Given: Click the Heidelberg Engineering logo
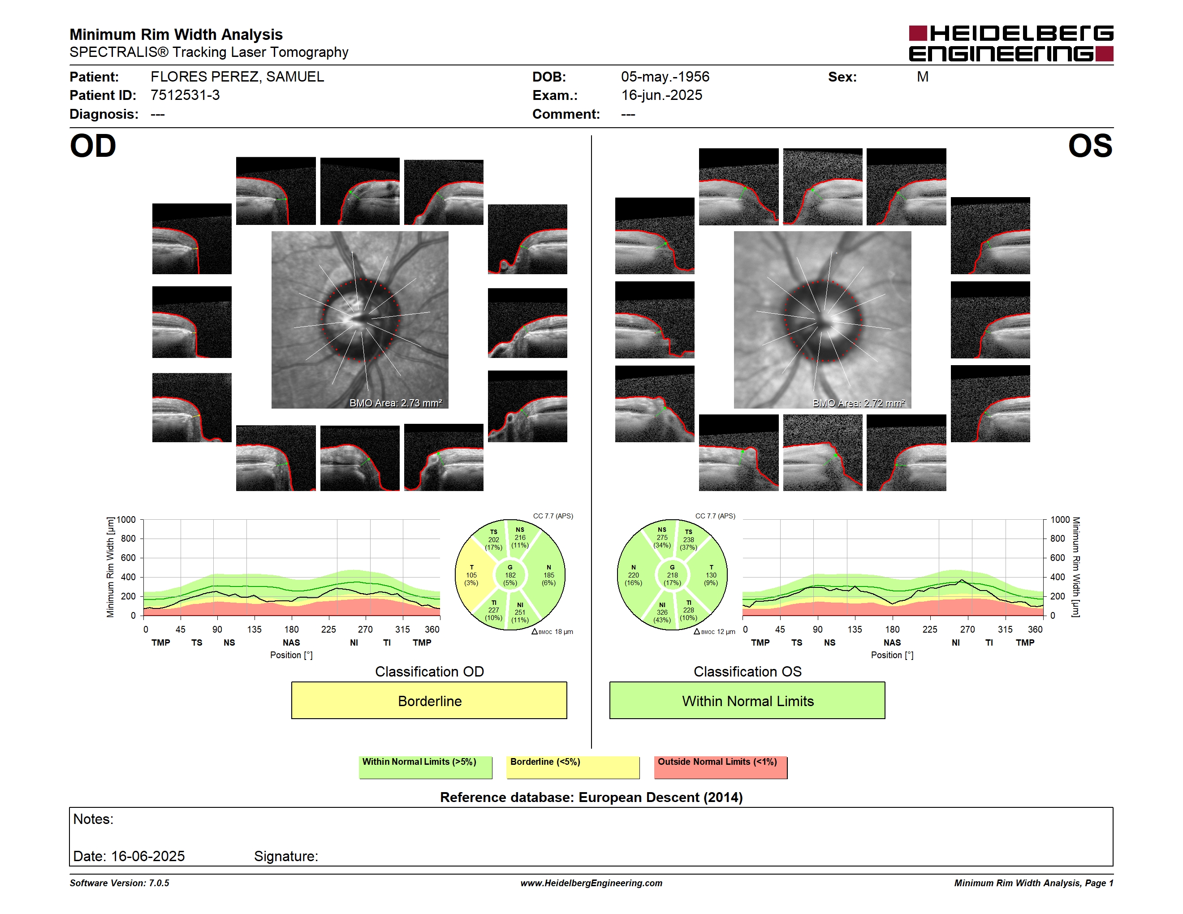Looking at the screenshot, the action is (x=1011, y=43).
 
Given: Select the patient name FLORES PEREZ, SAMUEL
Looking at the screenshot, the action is (x=237, y=77).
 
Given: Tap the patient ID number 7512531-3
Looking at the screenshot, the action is (x=185, y=95).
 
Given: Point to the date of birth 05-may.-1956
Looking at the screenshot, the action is (x=665, y=77).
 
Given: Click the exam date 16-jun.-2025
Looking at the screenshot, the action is (x=661, y=95).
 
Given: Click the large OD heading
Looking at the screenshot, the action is (x=93, y=146).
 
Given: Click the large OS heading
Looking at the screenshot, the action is (x=1090, y=146).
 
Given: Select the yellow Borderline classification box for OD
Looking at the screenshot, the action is (x=429, y=700).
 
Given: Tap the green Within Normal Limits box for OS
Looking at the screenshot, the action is (x=747, y=700).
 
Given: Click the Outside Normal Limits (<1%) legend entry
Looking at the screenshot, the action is (x=721, y=767).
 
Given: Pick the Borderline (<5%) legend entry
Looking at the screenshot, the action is (x=573, y=767).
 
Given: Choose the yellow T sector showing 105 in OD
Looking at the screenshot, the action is (x=472, y=575).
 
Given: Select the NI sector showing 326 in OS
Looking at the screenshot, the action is (x=662, y=612).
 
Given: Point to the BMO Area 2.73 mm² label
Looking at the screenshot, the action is (x=395, y=403).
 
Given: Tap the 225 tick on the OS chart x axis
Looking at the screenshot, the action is (x=929, y=629).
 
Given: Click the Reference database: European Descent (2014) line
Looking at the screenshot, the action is (x=591, y=797).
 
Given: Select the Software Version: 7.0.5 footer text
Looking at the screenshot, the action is (x=119, y=883).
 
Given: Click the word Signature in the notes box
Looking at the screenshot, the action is (x=286, y=856).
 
